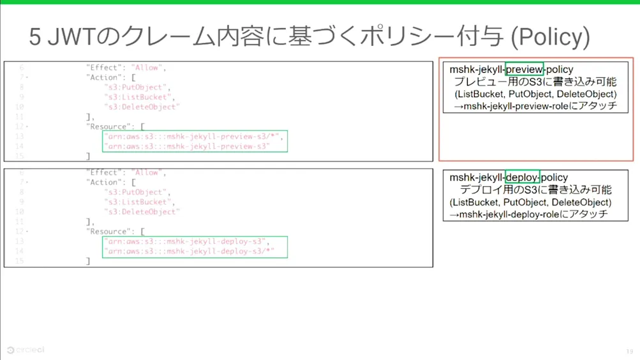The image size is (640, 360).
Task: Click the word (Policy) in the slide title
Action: click(x=549, y=37)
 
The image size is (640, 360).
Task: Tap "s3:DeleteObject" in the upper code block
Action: click(x=142, y=107)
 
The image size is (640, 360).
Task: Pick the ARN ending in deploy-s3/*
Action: click(x=188, y=251)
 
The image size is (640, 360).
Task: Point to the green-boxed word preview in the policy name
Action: click(x=524, y=69)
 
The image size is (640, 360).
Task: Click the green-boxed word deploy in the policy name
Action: click(x=523, y=177)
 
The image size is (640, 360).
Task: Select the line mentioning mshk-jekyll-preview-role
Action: click(x=535, y=106)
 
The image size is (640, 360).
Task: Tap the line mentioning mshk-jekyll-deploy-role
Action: click(x=529, y=214)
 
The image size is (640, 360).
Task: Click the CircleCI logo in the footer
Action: click(x=26, y=350)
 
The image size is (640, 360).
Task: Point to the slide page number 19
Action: click(x=629, y=351)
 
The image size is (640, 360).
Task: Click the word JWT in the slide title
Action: click(x=70, y=37)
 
